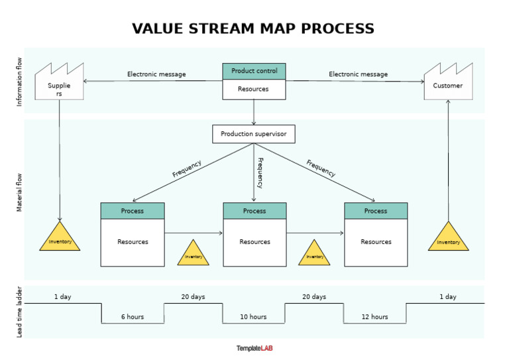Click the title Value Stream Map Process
253,29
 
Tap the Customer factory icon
448,83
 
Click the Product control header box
254,71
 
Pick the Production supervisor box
253,134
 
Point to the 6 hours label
132,317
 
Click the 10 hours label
253,317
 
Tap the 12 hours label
374,317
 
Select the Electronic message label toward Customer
358,74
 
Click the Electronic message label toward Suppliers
156,74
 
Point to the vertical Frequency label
260,173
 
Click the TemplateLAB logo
254,348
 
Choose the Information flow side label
19,80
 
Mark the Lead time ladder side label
19,312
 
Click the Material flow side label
19,192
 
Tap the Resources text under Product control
253,89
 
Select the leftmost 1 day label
62,297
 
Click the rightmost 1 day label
448,297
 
